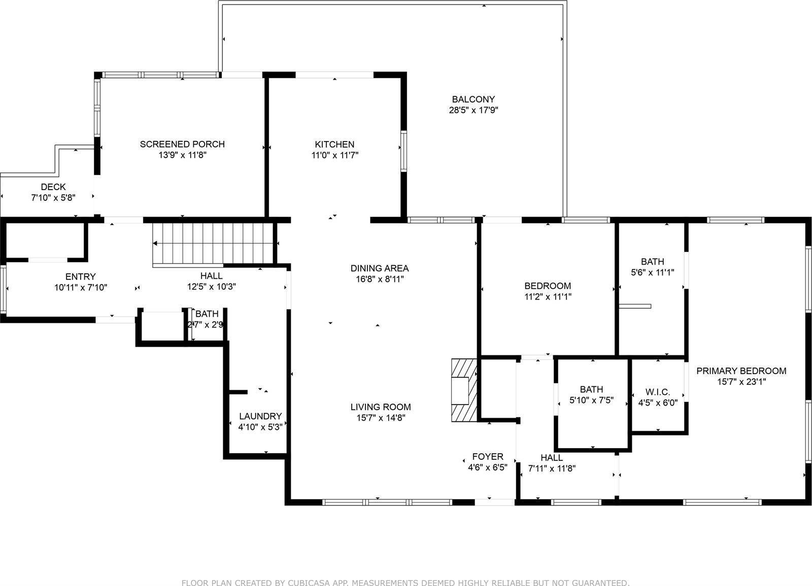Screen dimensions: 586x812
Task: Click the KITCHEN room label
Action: [334, 144]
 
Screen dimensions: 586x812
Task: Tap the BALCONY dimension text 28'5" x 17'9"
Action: [473, 111]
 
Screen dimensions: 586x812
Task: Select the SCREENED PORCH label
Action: [182, 144]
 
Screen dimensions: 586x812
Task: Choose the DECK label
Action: [53, 187]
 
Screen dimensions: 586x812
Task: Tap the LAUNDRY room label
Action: [260, 416]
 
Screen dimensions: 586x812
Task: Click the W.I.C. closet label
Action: [658, 392]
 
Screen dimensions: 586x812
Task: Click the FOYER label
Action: [488, 457]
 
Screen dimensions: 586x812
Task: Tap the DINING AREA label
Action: [380, 268]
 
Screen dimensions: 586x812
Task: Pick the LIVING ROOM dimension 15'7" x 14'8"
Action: [380, 418]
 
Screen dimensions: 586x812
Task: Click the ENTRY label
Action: [81, 277]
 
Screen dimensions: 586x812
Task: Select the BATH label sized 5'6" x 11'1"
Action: [652, 262]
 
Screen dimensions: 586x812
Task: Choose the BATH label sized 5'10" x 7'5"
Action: [591, 389]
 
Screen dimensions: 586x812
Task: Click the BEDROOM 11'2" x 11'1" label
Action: [548, 286]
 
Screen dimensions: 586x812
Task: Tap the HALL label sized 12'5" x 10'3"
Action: [211, 276]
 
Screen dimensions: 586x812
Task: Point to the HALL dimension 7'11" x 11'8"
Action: [552, 468]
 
